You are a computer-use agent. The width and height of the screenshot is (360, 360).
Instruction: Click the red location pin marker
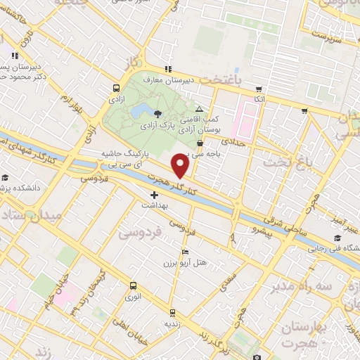(x=181, y=166)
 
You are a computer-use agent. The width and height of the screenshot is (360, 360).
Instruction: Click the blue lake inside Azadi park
(x=139, y=110)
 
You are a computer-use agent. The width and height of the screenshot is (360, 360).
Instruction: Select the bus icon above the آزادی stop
(x=116, y=89)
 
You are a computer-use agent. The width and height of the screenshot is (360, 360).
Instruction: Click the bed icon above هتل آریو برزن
(x=185, y=252)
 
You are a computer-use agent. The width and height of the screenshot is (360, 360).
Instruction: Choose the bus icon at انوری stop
(x=132, y=285)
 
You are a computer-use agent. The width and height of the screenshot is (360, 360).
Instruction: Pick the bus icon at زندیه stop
(x=171, y=312)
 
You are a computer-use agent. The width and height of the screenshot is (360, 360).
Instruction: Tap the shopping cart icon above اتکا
(x=259, y=89)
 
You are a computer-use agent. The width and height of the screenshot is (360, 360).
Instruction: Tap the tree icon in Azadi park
(x=157, y=113)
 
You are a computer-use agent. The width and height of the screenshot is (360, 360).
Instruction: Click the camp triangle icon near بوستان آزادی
(x=200, y=109)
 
